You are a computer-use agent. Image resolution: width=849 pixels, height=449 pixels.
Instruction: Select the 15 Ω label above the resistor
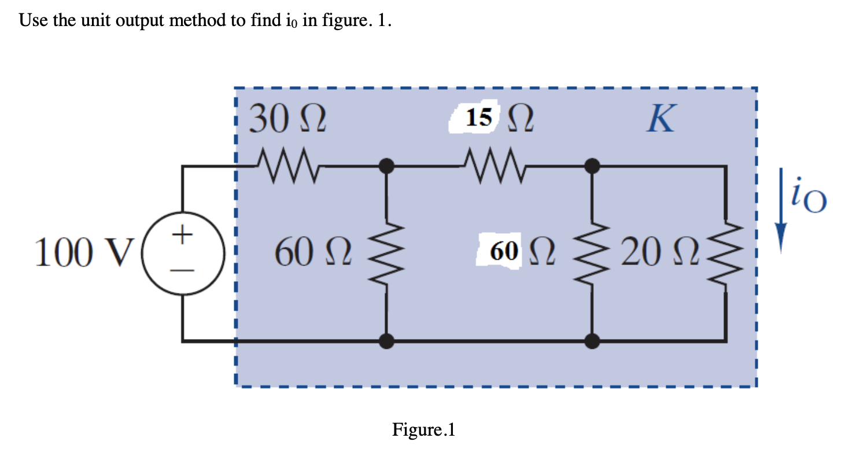492,119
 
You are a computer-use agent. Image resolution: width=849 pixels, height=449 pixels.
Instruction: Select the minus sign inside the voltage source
183,270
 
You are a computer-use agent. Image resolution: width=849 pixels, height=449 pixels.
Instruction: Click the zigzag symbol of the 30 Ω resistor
287,167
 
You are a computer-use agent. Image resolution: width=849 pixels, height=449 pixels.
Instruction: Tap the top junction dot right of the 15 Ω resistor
591,167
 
